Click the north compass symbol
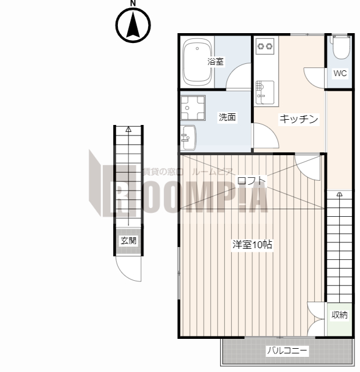click(x=133, y=26)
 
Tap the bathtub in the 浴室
click(x=196, y=62)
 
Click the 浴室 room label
click(x=216, y=61)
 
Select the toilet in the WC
click(x=340, y=48)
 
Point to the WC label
click(x=340, y=73)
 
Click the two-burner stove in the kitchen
click(x=265, y=45)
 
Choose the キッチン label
click(x=299, y=119)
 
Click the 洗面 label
click(x=227, y=117)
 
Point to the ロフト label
click(x=251, y=180)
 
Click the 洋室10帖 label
click(x=253, y=245)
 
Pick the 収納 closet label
click(x=340, y=315)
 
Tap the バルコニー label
click(x=287, y=350)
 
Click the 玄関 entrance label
click(x=128, y=240)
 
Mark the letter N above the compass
click(x=133, y=3)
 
